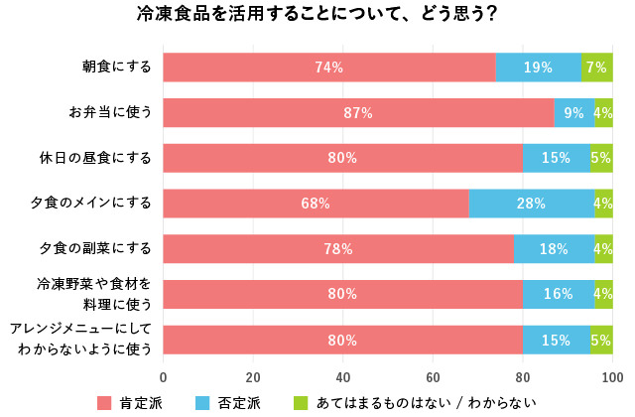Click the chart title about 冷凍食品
tap(317, 16)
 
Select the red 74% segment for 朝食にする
tap(328, 68)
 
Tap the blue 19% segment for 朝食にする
tap(538, 68)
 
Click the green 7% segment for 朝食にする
tap(596, 68)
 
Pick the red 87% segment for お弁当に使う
tap(357, 113)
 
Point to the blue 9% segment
tap(573, 113)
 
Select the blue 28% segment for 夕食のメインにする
tap(531, 204)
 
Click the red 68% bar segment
tap(316, 204)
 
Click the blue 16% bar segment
tap(558, 294)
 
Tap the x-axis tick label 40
tap(342, 377)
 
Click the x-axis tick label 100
tap(611, 377)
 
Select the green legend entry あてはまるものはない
tap(417, 402)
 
